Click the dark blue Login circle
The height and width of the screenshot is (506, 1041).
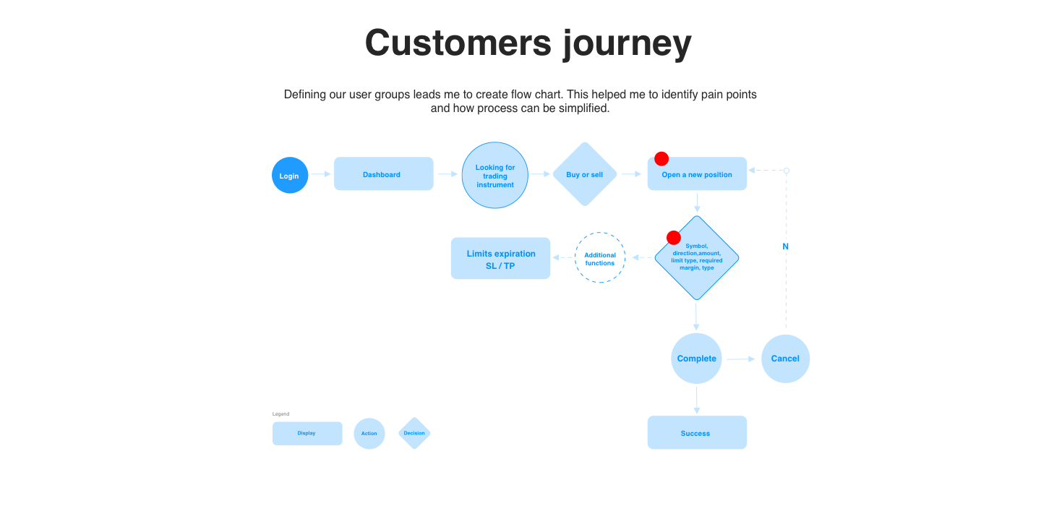point(290,175)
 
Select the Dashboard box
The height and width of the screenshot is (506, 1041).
point(383,174)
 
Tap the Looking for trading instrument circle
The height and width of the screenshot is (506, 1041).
point(495,176)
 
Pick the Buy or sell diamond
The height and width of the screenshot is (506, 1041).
point(584,174)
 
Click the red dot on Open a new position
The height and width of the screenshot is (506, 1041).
point(661,159)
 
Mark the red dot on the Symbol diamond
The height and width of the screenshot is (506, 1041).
point(674,238)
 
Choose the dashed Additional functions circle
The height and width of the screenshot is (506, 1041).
point(600,258)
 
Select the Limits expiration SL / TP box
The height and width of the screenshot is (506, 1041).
point(500,259)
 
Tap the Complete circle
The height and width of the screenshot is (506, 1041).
point(696,359)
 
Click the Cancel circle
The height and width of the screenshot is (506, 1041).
point(785,359)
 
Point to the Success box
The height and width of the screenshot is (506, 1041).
point(696,433)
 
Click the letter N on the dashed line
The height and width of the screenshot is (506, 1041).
point(786,246)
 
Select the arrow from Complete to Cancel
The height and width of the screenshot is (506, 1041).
point(741,359)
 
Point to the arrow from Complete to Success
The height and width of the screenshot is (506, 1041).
point(697,400)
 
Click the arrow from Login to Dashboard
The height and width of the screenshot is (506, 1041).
point(321,174)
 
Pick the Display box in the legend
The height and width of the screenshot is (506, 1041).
point(307,434)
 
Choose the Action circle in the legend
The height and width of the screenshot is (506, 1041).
point(369,434)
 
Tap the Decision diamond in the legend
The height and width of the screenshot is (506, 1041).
point(414,434)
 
